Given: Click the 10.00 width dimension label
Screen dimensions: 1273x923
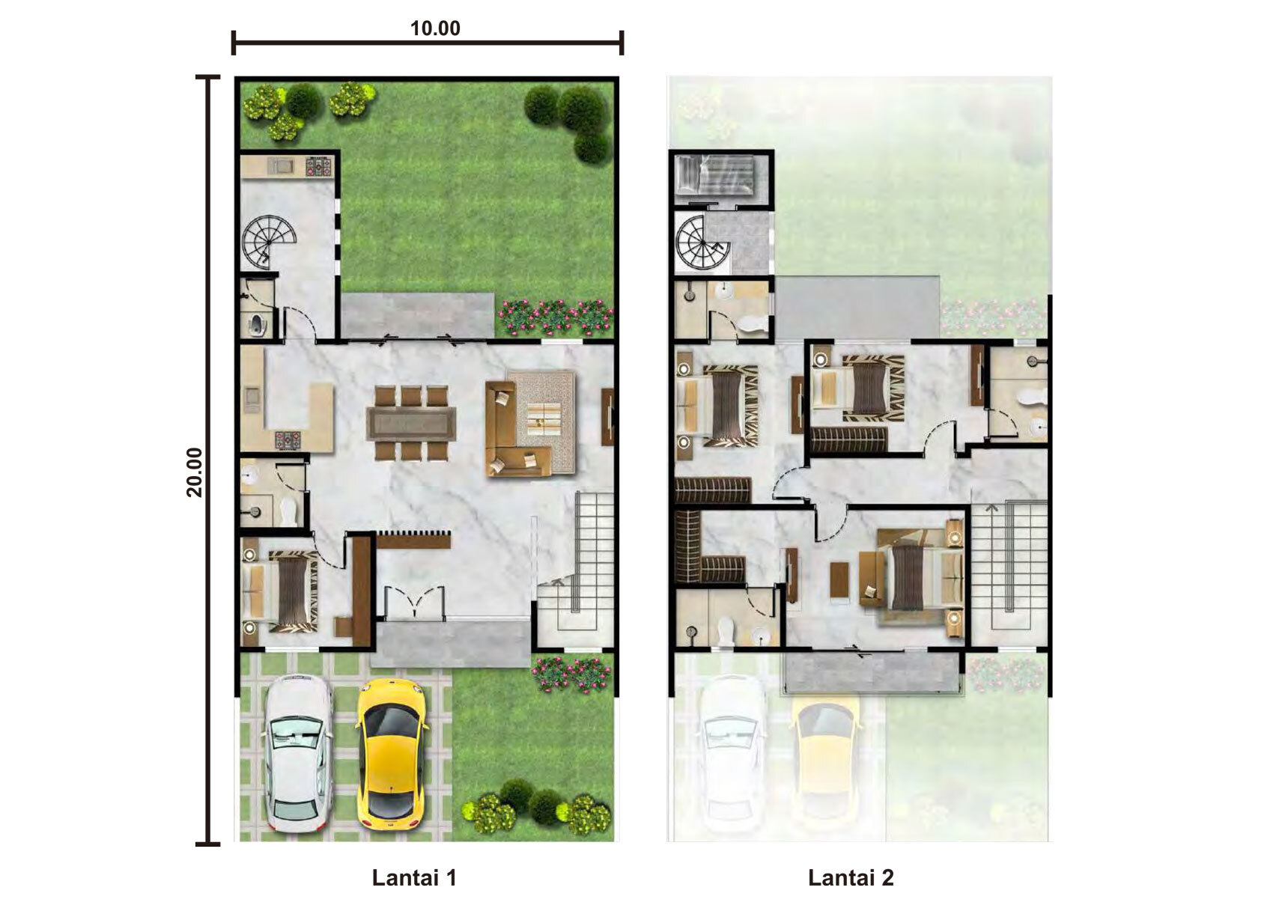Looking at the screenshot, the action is click(x=435, y=28).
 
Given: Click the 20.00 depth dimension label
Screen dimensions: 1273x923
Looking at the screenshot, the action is click(x=195, y=472).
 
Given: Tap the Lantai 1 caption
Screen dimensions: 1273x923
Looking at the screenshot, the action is click(x=414, y=877).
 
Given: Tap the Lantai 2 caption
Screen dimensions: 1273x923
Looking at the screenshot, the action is click(x=851, y=877).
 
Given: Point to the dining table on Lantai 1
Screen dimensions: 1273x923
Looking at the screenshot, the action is click(x=411, y=423).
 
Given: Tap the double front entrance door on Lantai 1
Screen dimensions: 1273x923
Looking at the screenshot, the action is click(x=414, y=602).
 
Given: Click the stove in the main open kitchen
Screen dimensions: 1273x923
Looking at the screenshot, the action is click(x=288, y=439).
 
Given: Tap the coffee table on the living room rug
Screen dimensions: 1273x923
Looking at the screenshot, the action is click(x=545, y=418).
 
